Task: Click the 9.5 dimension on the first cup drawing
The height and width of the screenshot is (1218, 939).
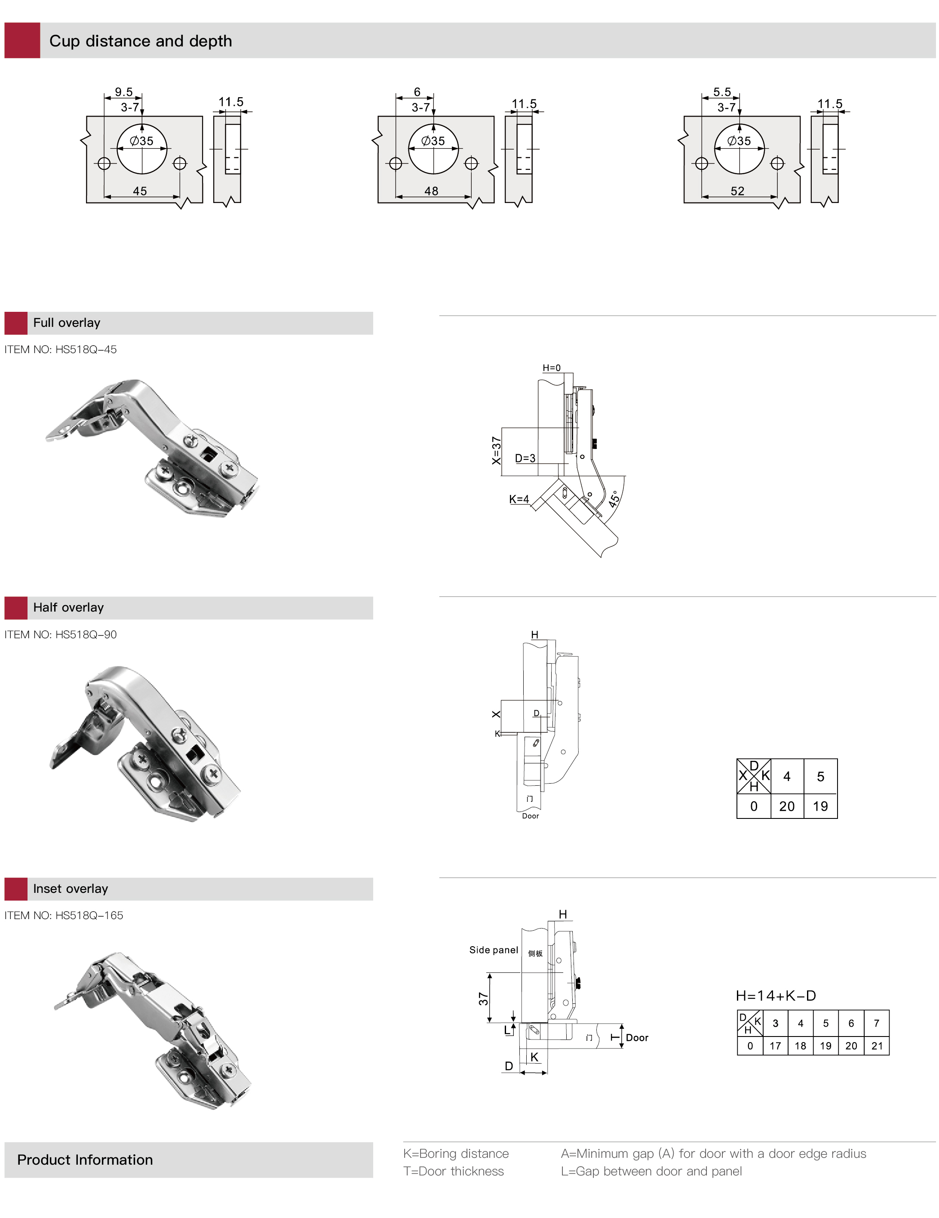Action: [x=124, y=92]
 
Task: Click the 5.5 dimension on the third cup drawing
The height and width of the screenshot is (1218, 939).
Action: [x=722, y=92]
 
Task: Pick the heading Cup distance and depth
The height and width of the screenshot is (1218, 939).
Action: [x=141, y=41]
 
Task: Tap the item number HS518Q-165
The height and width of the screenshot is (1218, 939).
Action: [x=64, y=915]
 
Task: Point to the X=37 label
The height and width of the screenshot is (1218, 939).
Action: [x=496, y=451]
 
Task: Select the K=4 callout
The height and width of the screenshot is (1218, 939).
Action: [x=519, y=499]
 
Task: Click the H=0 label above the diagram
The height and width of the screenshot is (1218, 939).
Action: [x=552, y=368]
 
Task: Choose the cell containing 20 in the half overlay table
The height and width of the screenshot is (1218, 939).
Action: [x=787, y=806]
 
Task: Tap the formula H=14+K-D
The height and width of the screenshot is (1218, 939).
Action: [x=776, y=996]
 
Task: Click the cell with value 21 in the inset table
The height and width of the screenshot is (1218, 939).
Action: [x=877, y=1046]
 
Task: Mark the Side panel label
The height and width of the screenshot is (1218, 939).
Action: [x=494, y=950]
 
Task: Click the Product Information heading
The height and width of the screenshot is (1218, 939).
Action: [x=85, y=1160]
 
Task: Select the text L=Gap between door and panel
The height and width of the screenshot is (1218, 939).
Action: [x=651, y=1171]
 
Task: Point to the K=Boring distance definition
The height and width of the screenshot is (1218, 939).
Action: [x=456, y=1153]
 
